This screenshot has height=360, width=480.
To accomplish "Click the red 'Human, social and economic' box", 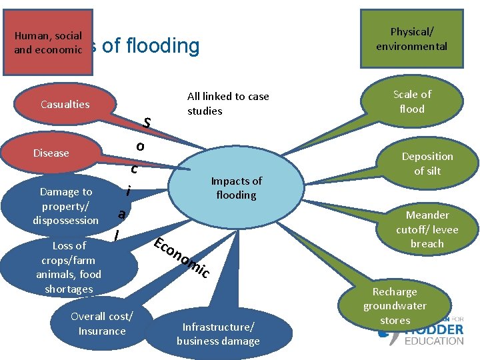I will (48, 43).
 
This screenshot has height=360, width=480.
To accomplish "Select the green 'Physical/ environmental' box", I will (411, 39).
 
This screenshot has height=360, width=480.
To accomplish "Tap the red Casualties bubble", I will (65, 104).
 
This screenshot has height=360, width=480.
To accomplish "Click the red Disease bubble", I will (51, 153).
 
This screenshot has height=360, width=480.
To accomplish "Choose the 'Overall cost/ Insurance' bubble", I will (101, 323).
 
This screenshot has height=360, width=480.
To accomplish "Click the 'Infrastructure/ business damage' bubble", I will (217, 333).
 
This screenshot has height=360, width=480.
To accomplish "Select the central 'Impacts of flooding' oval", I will (236, 188).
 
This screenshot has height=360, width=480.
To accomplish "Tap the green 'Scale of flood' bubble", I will (411, 101).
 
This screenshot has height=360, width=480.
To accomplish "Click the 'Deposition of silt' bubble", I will (427, 163).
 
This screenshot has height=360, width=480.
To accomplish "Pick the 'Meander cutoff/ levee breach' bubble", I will (427, 229).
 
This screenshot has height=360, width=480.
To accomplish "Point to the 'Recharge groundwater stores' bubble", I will (395, 306).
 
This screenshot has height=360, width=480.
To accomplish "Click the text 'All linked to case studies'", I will (228, 103).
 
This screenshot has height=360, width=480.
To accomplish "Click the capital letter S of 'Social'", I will (147, 123).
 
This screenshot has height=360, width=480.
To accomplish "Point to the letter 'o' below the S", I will (139, 146).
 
